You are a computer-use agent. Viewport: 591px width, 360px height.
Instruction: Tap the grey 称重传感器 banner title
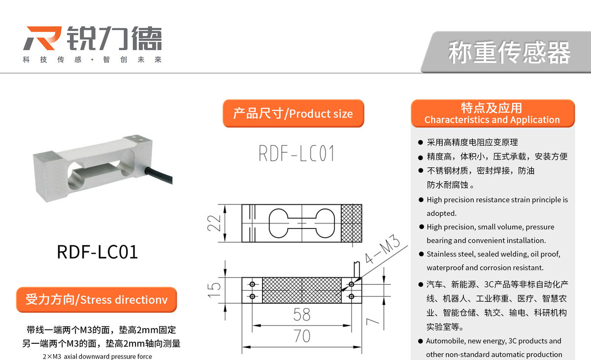click(x=509, y=53)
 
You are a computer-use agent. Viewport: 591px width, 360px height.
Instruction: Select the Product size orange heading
click(x=293, y=114)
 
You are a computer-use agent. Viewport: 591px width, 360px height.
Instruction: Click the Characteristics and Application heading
click(x=492, y=114)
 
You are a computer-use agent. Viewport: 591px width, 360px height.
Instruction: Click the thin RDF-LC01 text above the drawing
click(x=296, y=154)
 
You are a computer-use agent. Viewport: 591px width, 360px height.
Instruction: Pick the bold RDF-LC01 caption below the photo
click(x=98, y=252)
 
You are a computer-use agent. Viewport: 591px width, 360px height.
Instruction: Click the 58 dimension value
click(x=302, y=315)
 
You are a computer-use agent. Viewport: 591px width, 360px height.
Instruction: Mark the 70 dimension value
click(x=302, y=336)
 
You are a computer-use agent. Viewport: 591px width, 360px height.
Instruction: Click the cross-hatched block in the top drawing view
click(x=352, y=225)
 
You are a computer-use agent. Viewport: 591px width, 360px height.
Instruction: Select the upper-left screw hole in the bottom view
click(x=253, y=285)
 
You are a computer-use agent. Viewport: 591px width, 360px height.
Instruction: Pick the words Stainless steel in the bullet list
click(x=447, y=255)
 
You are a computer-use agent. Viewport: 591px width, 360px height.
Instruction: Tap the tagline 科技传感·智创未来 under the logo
click(x=92, y=60)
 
